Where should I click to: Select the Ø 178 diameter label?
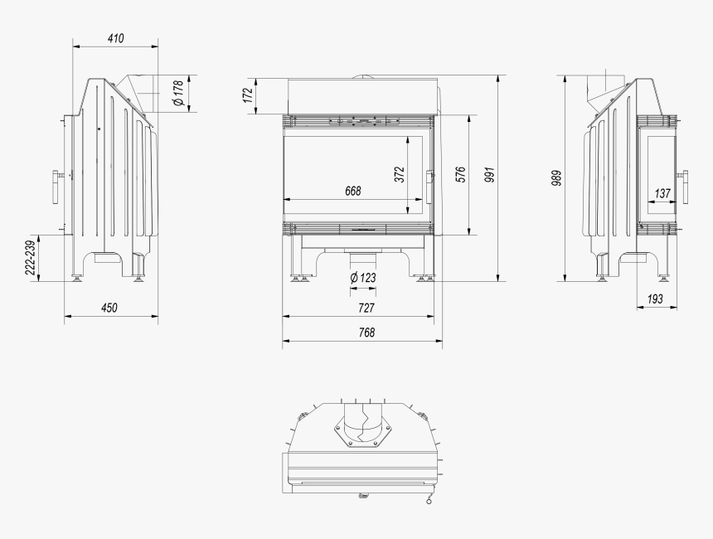point(178,94)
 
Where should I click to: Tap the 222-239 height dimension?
point(30,257)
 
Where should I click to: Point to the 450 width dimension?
point(109,308)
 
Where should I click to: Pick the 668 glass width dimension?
point(353,191)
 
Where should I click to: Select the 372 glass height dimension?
point(399,174)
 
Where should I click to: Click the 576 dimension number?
point(461,174)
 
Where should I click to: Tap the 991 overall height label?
point(490,176)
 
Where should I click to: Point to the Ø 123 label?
point(362,277)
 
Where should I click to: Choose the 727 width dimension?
point(366,308)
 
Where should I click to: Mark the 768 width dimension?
point(366,332)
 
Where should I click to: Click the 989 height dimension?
point(556,177)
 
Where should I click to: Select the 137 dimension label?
point(662,193)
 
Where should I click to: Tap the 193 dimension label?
point(655,299)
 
